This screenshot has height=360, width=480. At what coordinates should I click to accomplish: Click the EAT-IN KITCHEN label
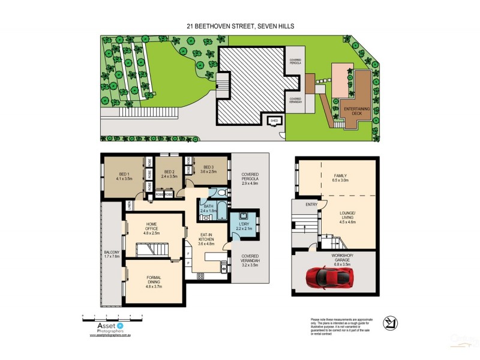click(x=206, y=238)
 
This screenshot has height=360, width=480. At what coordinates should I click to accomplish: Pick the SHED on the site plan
click(x=275, y=121)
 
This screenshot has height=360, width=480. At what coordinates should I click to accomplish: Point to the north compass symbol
click(x=391, y=325)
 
